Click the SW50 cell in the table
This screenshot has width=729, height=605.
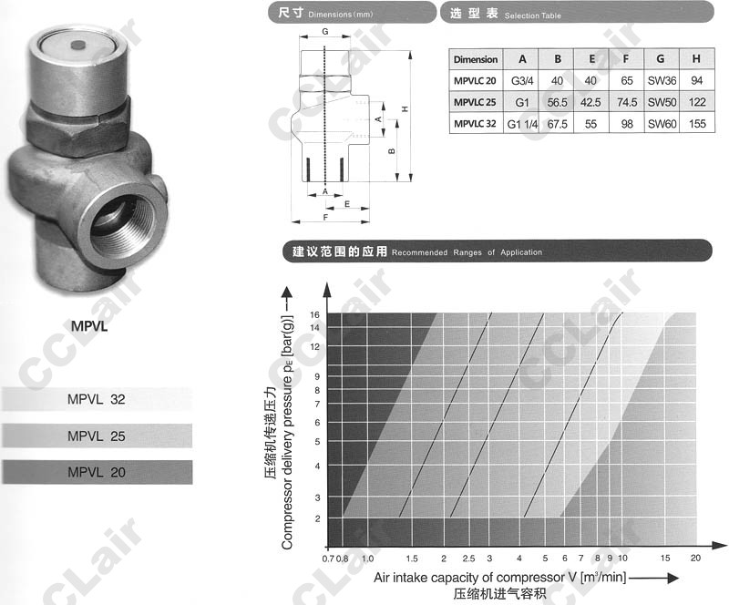(x=662, y=102)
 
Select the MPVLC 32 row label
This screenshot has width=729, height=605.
(x=475, y=124)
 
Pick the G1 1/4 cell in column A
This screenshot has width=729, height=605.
(x=522, y=124)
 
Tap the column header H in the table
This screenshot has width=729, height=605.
(x=696, y=59)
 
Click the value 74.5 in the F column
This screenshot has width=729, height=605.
(x=627, y=102)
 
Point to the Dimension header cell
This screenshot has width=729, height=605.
(x=476, y=59)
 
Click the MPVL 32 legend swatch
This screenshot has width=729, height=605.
(x=97, y=399)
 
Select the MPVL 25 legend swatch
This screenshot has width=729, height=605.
(x=97, y=436)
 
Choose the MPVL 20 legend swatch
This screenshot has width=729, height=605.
(x=97, y=472)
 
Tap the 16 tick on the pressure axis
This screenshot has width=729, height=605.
(x=314, y=315)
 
